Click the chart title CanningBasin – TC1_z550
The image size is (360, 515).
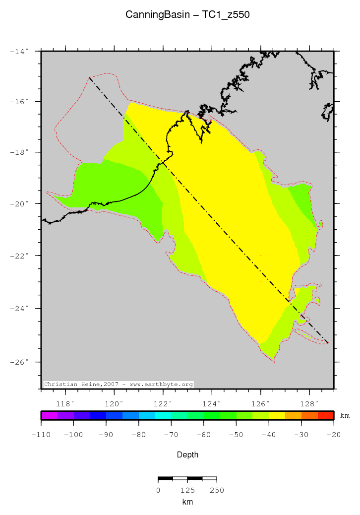[x=187, y=15]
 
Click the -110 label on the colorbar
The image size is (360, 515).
[x=41, y=435]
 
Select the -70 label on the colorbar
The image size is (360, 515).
[x=171, y=435]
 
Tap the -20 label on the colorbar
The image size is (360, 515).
[x=334, y=435]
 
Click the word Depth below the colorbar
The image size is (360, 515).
[x=187, y=454]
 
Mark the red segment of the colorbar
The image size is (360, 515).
[x=326, y=415]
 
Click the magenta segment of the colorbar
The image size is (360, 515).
[x=49, y=415]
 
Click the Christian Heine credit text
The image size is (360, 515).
[x=119, y=385]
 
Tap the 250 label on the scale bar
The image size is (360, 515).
[x=217, y=490]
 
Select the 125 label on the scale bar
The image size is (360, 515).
[x=187, y=490]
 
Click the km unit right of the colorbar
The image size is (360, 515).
[x=345, y=416]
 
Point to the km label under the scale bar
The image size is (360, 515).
[x=187, y=502]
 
